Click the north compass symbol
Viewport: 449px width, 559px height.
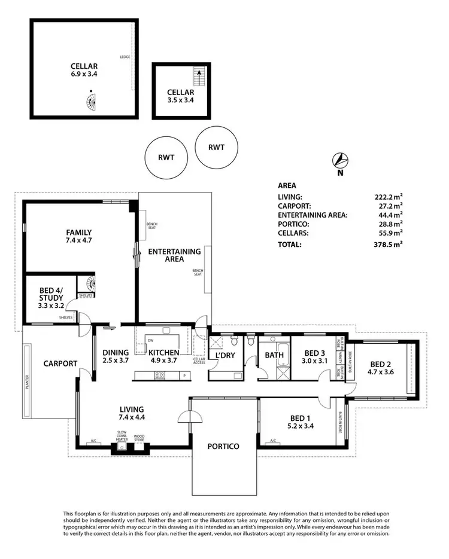(341, 160)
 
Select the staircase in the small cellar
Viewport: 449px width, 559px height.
(198, 77)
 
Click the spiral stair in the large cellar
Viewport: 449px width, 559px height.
(89, 103)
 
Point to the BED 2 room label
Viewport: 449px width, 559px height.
(381, 364)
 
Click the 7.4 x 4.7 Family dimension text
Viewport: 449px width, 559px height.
(79, 240)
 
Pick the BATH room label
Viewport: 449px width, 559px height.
(274, 356)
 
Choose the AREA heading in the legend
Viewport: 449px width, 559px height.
(287, 185)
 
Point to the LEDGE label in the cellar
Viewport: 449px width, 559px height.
(125, 57)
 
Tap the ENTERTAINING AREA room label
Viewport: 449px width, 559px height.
(174, 256)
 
